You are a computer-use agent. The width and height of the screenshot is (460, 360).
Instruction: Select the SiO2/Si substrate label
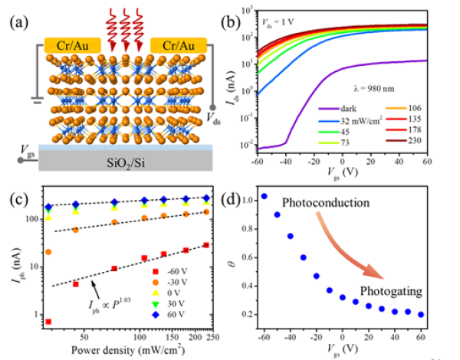tap(127, 161)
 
